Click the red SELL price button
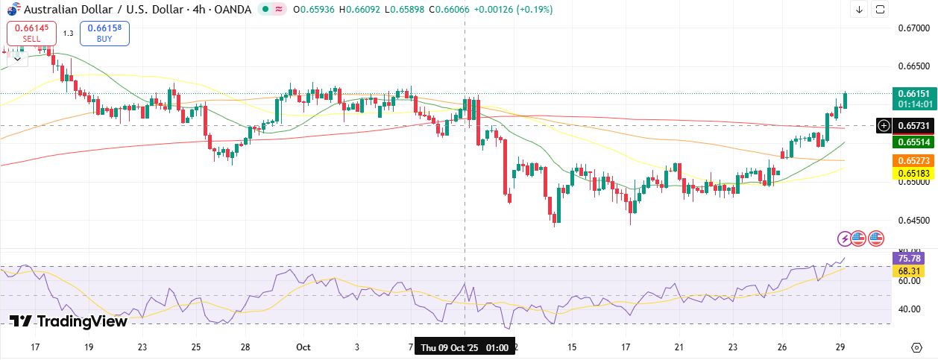pyautogui.click(x=31, y=33)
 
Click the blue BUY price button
pyautogui.click(x=104, y=33)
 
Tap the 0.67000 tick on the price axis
pyautogui.click(x=913, y=28)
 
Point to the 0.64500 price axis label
pyautogui.click(x=913, y=220)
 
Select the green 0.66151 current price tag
pyautogui.click(x=913, y=94)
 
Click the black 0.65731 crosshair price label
pyautogui.click(x=913, y=126)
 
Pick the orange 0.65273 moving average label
pyautogui.click(x=913, y=160)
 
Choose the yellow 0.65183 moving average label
pyautogui.click(x=913, y=174)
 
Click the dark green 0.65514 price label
pyautogui.click(x=913, y=142)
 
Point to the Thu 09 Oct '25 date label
pyautogui.click(x=465, y=348)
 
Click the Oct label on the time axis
pyautogui.click(x=303, y=347)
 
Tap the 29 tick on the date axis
pyautogui.click(x=840, y=347)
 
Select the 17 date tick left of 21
pyautogui.click(x=626, y=347)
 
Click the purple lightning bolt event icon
pyautogui.click(x=844, y=239)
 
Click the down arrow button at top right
pyautogui.click(x=859, y=10)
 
